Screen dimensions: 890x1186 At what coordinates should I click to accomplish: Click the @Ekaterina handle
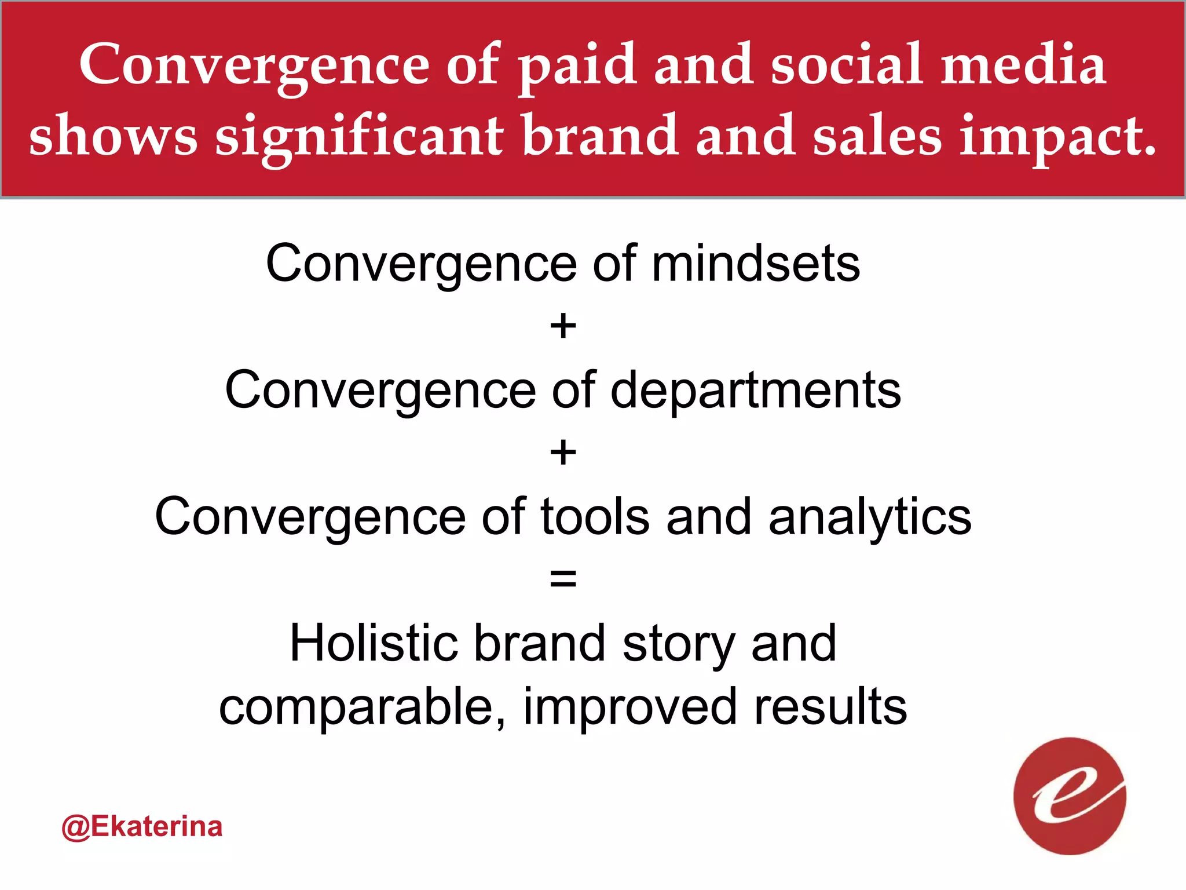(142, 827)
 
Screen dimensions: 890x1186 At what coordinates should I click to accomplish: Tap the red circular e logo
(1070, 796)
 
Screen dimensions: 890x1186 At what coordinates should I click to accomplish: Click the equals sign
(563, 579)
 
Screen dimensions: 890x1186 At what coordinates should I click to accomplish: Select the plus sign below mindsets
(563, 326)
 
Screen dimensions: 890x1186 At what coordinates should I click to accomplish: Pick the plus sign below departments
(563, 453)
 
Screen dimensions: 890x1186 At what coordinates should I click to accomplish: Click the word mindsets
(756, 264)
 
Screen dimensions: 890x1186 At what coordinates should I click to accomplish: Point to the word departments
(756, 390)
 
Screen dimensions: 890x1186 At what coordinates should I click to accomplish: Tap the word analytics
(870, 516)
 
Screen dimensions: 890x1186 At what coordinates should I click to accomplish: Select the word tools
(595, 516)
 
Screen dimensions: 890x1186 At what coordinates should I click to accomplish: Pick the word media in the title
(1023, 65)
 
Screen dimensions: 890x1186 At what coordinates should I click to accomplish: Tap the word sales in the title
(877, 137)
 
